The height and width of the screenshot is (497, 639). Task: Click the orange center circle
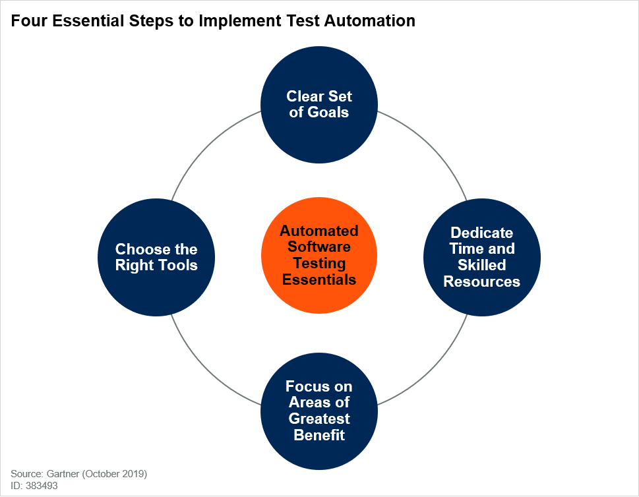[x=319, y=256]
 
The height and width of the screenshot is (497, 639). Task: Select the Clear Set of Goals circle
[x=319, y=105]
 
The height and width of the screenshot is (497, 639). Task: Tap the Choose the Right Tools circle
[x=156, y=257]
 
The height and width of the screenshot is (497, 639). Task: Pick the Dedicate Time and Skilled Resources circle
[x=482, y=257]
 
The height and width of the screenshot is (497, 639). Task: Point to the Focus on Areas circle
[x=319, y=411]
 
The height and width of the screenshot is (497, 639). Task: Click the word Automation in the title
[x=370, y=21]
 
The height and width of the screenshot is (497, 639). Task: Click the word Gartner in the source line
[x=63, y=474]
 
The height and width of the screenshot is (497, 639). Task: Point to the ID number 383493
[x=42, y=486]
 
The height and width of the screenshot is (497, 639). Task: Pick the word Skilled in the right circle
[x=481, y=265]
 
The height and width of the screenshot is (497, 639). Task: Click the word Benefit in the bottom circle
[x=319, y=435]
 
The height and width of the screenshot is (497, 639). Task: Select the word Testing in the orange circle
[x=319, y=264]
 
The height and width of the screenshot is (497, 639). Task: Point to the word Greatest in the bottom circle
[x=319, y=419]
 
